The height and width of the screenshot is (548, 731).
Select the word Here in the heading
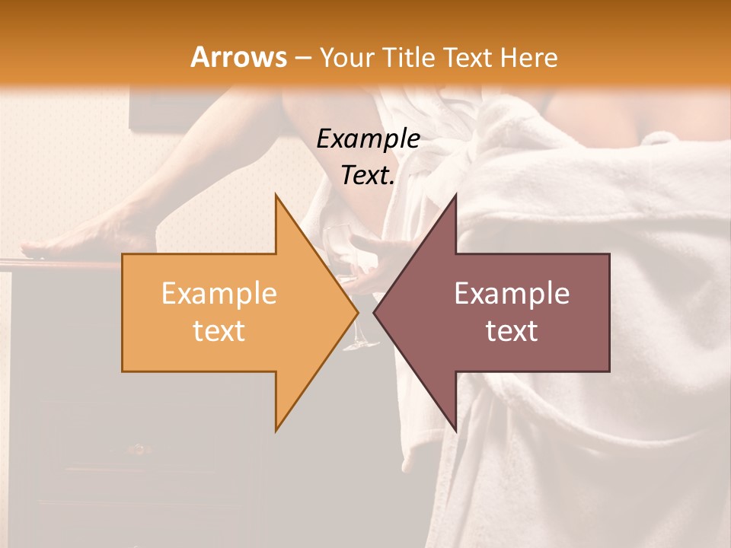[530, 57]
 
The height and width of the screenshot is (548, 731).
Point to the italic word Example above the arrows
[368, 139]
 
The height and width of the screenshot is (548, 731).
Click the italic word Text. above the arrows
[368, 175]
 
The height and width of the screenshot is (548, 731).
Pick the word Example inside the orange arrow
[219, 293]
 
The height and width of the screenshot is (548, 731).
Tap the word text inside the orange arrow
[219, 330]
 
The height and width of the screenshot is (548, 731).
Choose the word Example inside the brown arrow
[512, 293]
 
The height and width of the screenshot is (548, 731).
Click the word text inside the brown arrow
[512, 330]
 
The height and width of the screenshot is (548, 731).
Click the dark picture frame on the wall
[152, 107]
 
